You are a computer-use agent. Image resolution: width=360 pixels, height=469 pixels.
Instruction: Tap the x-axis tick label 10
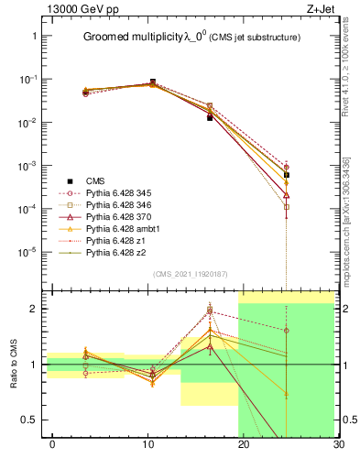click(x=147, y=445)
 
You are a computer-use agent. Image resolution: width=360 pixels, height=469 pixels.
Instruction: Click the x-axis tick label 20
click(x=243, y=445)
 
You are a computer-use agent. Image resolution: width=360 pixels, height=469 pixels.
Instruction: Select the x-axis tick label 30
click(x=338, y=445)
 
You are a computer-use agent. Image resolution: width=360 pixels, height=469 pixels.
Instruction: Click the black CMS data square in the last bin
click(x=287, y=175)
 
